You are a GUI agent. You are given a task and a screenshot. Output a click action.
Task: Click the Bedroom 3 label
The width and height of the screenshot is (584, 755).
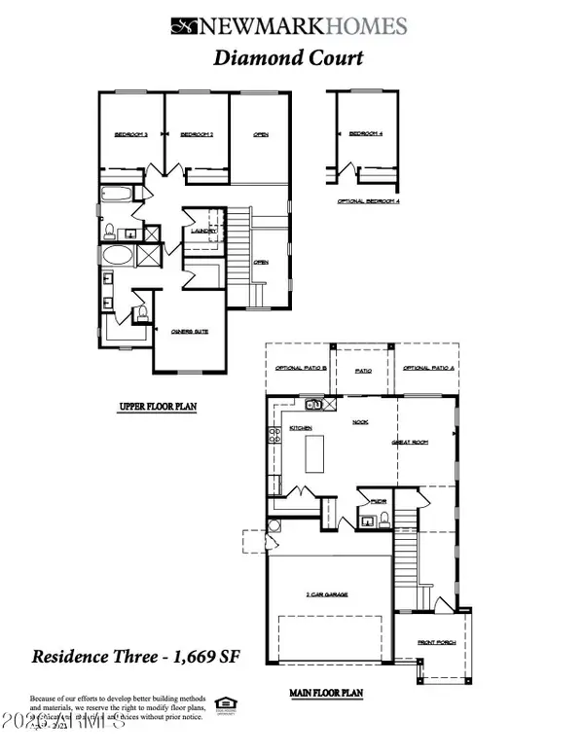130,134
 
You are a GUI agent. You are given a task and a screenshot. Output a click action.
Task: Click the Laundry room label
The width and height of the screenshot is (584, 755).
202,231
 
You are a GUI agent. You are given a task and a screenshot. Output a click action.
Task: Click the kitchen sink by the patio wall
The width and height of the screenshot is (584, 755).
314,404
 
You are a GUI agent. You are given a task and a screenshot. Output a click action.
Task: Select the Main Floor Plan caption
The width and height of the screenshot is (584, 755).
325,694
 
